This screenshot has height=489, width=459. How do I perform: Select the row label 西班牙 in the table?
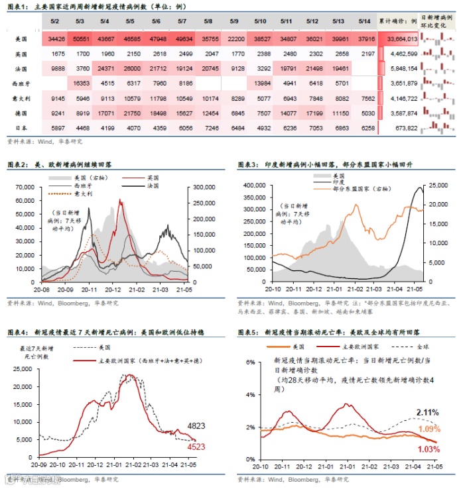point(21,83)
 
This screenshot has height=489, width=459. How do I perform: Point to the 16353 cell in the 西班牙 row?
point(82,83)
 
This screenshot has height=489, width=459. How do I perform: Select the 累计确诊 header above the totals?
point(398,23)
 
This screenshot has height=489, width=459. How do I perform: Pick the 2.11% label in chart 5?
point(426,413)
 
